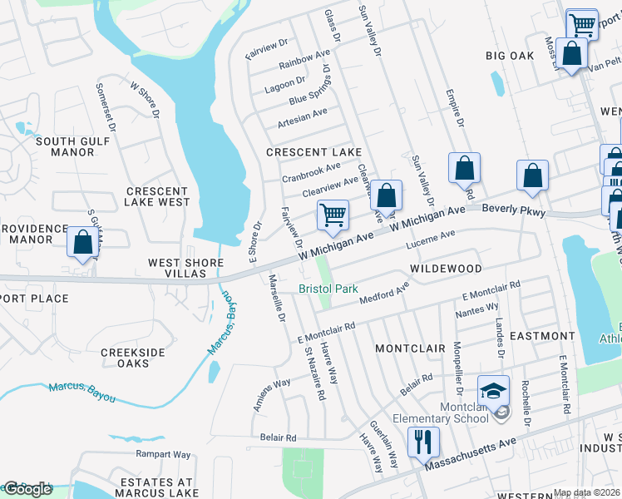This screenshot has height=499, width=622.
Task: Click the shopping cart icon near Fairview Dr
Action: [333, 215]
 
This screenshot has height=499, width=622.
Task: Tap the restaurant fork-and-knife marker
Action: [422, 442]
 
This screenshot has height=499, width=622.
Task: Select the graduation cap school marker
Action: [492, 390]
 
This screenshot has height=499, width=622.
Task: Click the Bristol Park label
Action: [328, 289]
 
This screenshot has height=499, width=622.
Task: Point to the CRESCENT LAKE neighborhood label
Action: [313, 152]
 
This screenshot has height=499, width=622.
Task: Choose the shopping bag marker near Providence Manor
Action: [82, 243]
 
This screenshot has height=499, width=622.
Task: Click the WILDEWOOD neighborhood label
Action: [446, 269]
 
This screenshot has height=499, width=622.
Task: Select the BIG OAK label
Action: [510, 56]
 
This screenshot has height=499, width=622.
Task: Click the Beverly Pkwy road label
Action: [513, 212]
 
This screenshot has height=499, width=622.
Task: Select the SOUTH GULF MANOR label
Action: [72, 146]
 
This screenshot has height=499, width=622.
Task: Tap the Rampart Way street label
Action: [163, 455]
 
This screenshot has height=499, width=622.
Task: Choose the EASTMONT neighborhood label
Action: [541, 336]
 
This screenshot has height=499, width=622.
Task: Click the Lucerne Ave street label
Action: [430, 240]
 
